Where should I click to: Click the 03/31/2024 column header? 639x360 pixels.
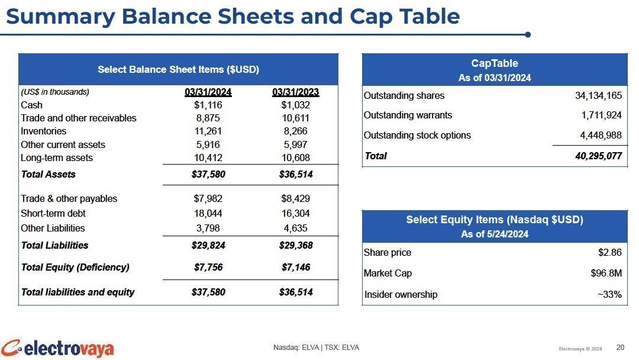208,92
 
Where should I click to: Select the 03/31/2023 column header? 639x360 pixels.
295,92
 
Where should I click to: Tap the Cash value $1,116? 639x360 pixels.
208,105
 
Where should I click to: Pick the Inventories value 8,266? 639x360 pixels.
295,131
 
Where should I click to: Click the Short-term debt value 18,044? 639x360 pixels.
208,213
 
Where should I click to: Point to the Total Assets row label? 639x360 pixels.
48,175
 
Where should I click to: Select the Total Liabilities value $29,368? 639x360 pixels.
296,246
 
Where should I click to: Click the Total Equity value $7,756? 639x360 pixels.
208,268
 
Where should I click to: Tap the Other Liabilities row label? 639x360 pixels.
53,229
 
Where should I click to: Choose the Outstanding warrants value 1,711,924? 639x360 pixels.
602,115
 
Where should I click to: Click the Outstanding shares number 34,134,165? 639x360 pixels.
598,96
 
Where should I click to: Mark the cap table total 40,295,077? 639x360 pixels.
598,156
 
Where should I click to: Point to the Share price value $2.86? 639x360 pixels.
609,253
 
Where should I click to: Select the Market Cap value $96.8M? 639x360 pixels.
606,273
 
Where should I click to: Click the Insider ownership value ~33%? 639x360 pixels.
609,294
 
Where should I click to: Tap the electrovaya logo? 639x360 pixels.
57,349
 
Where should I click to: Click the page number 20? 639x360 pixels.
620,348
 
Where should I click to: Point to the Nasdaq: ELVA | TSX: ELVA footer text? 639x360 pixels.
316,348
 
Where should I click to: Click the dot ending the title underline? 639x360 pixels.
528,35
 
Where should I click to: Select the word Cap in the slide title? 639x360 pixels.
372,17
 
